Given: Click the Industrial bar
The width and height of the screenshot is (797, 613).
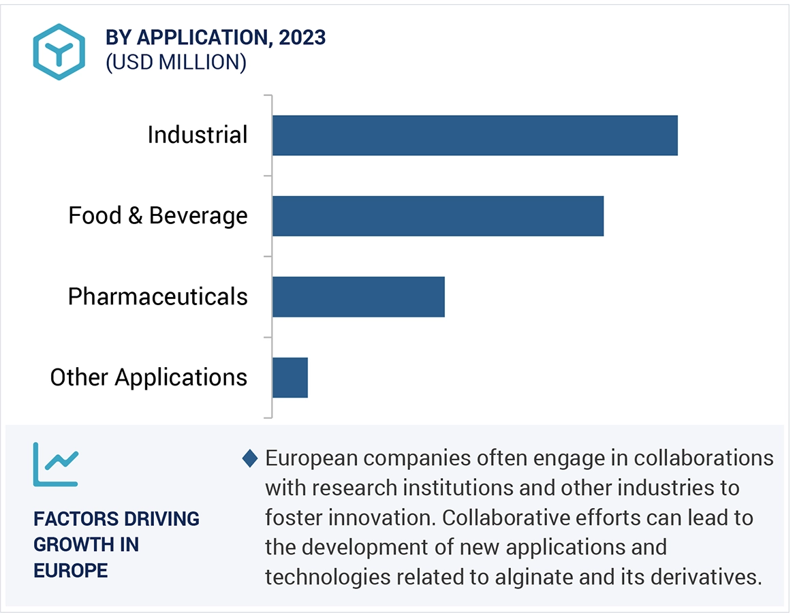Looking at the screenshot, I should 475,136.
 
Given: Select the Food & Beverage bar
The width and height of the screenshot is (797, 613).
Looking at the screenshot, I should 438,216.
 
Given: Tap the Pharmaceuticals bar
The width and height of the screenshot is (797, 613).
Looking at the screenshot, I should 358,297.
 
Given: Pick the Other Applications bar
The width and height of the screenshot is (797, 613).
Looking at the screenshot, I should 290,377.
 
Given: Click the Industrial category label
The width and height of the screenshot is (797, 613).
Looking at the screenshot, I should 198,135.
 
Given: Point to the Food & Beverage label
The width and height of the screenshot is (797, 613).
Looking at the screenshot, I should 158,216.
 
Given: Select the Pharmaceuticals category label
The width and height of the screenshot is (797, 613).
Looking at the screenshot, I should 158,297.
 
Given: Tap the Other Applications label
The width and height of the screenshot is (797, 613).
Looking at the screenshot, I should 149,377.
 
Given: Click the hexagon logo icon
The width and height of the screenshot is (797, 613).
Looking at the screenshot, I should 59,52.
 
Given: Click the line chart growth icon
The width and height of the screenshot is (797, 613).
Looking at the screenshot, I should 56,465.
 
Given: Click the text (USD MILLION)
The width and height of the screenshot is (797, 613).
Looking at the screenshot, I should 176,63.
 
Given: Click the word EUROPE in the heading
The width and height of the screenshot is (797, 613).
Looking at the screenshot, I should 71,570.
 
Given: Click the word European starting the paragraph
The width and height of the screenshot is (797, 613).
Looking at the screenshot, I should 310,458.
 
